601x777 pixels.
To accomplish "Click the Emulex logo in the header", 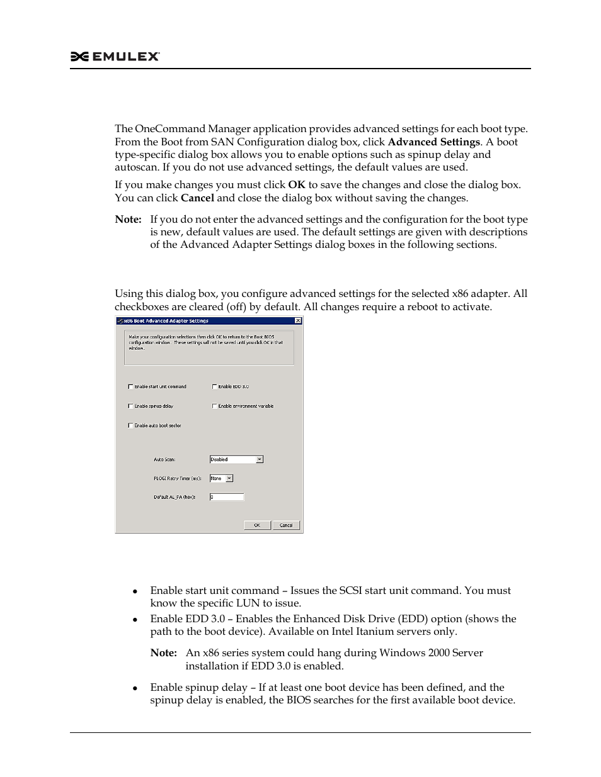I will click(x=115, y=57).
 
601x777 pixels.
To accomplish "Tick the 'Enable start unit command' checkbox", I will click(x=130, y=387).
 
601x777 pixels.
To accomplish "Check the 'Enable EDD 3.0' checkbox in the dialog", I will click(x=215, y=387).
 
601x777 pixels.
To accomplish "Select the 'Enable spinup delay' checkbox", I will click(x=130, y=406).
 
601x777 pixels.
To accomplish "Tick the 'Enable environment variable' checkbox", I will click(x=215, y=406).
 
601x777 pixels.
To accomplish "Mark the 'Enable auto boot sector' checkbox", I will click(x=130, y=426).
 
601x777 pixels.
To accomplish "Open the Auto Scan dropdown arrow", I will click(x=260, y=459).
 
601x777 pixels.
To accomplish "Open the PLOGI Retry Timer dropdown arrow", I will click(x=229, y=478).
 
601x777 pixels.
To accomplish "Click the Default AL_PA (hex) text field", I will click(x=226, y=497).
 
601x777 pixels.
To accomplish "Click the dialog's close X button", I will click(x=299, y=321).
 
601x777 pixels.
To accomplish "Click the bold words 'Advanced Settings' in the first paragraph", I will click(x=433, y=142).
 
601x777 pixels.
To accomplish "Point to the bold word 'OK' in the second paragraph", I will click(x=296, y=185).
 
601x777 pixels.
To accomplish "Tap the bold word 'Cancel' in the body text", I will click(x=197, y=198).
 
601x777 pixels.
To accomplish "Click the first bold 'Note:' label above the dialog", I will click(x=128, y=220).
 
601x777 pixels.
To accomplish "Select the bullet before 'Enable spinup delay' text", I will click(x=135, y=688).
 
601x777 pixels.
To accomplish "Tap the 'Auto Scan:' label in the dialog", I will click(x=164, y=460).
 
